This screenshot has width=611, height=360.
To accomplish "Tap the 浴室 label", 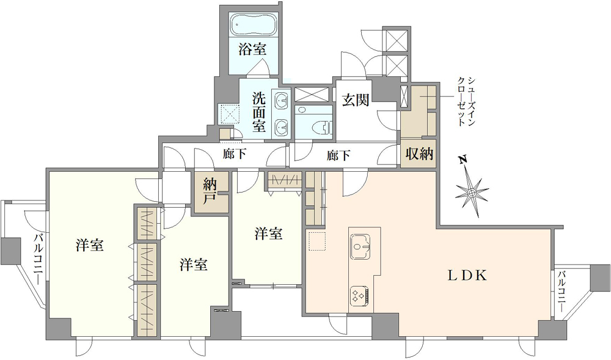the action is pyautogui.click(x=252, y=50).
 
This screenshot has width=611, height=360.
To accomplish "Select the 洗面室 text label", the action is pyautogui.click(x=258, y=111).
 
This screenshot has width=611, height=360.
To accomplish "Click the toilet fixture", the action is pyautogui.click(x=322, y=127).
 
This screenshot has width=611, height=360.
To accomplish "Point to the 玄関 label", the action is pyautogui.click(x=356, y=100).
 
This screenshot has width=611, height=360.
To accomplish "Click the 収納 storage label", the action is pyautogui.click(x=419, y=153).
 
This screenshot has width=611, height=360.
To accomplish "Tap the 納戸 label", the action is pyautogui.click(x=210, y=192).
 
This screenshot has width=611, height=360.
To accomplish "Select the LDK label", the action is pyautogui.click(x=466, y=276).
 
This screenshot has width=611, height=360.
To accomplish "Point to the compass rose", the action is pyautogui.click(x=472, y=192).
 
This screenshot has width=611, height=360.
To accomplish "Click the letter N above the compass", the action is pyautogui.click(x=463, y=160).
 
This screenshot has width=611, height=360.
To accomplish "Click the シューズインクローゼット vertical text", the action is pyautogui.click(x=466, y=101).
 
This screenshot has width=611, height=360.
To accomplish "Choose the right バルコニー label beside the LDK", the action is pyautogui.click(x=562, y=291).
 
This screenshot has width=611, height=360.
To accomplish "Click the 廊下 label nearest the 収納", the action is pyautogui.click(x=338, y=156).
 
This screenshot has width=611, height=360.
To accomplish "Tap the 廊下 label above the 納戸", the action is pyautogui.click(x=235, y=154).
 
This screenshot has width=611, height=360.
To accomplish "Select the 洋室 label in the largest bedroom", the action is pyautogui.click(x=90, y=246).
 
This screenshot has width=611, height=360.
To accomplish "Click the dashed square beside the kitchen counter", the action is pyautogui.click(x=316, y=241).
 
